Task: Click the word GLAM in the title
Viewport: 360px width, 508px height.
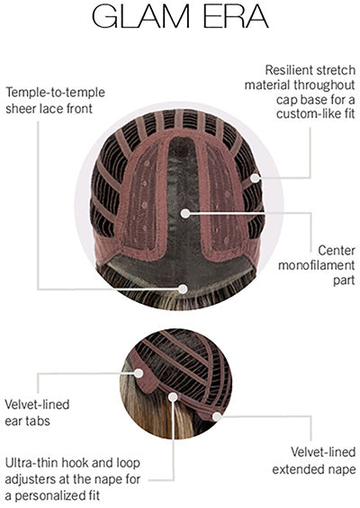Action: tap(140, 16)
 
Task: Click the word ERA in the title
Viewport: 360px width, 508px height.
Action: tap(236, 16)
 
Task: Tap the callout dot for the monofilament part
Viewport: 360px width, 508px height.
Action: tap(185, 213)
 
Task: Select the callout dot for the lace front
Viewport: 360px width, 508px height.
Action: tap(183, 289)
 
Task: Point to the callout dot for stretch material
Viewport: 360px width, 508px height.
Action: tap(256, 177)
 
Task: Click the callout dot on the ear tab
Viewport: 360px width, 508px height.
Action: tap(139, 373)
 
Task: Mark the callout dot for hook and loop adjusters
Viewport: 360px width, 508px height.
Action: tap(173, 397)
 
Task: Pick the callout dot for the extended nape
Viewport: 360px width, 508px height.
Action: tap(217, 416)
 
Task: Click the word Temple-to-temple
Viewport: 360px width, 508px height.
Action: tap(56, 93)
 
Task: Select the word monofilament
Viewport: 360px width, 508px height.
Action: tap(317, 265)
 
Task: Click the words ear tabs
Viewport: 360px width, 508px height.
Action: tap(28, 421)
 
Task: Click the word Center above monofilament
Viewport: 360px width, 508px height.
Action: tap(337, 251)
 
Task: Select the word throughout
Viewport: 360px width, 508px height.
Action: tap(324, 85)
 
